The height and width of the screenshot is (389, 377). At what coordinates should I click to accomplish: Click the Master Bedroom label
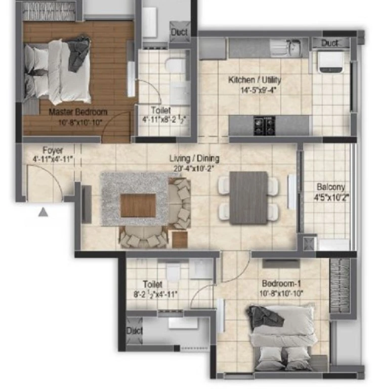[x=78, y=112]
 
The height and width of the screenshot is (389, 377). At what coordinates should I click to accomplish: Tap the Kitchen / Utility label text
[x=255, y=80]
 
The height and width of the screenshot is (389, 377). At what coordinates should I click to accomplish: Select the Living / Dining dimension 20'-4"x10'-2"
[x=194, y=169]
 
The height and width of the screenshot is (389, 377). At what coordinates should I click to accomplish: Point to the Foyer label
[x=53, y=150]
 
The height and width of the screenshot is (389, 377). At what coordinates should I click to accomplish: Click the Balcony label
[x=331, y=186]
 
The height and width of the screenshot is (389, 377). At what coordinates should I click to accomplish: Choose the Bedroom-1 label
[x=281, y=283]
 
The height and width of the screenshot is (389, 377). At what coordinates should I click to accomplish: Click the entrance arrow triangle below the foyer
[x=43, y=212]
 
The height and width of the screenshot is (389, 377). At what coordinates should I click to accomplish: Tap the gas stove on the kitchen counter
[x=264, y=126]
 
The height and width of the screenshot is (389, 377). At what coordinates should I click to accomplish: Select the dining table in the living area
[x=248, y=198]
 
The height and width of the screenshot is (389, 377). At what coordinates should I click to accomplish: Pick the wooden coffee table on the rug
[x=138, y=206]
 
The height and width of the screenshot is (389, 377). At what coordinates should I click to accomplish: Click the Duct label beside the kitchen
[x=329, y=43]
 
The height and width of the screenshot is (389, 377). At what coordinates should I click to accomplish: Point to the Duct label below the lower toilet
[x=134, y=330]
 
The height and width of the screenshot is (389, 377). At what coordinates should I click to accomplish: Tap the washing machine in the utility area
[x=331, y=62]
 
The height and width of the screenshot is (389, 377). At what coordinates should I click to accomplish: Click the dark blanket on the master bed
[x=79, y=53]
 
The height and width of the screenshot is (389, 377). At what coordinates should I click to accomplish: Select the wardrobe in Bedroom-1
[x=340, y=285]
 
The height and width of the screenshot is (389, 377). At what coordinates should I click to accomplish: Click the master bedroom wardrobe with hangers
[x=49, y=11]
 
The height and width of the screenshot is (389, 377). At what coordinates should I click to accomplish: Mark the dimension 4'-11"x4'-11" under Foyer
[x=53, y=159]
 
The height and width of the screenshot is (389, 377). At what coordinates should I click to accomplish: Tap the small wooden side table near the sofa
[x=180, y=239]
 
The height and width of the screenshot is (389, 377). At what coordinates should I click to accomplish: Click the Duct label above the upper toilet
[x=180, y=32]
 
